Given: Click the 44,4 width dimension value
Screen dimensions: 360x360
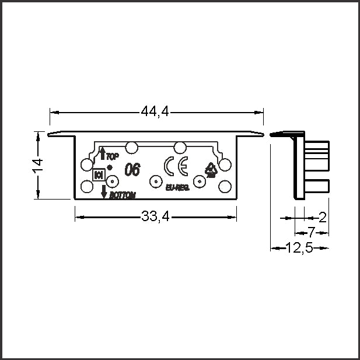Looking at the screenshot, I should (155, 111).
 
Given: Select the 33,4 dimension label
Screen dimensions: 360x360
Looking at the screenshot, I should (155, 217).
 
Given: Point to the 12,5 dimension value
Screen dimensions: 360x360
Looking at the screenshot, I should (300, 248).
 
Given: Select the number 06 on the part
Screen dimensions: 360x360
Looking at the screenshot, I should (132, 170).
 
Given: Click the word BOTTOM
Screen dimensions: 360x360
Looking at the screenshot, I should (123, 195).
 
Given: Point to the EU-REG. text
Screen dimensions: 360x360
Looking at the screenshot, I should (177, 187).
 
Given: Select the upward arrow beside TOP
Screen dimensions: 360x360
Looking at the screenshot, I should (103, 154).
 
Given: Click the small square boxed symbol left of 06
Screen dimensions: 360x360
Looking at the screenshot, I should (98, 174).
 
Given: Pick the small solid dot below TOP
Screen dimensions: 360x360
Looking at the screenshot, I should (110, 167).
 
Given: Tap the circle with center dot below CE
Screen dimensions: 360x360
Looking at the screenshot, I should (155, 181).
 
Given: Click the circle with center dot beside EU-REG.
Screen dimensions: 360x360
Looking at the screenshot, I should (199, 182).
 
